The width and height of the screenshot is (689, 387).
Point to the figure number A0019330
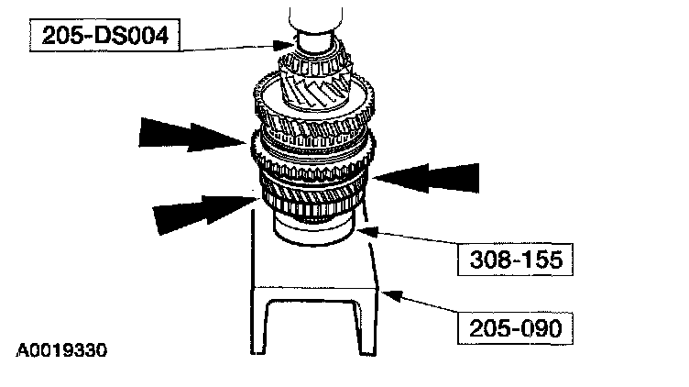click(67, 350)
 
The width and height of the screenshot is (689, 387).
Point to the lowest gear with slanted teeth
click(312, 197)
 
